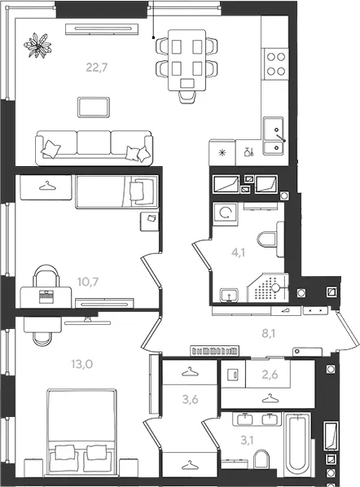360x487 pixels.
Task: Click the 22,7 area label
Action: [97, 67]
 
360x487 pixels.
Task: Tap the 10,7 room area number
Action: [88, 282]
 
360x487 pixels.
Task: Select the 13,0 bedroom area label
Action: [82, 364]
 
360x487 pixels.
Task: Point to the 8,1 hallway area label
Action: [268, 334]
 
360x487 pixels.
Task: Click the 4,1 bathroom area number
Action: [239, 252]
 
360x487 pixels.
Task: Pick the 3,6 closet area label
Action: [190, 399]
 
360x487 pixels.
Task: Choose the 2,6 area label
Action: [270, 375]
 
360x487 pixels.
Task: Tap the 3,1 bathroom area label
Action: [247, 440]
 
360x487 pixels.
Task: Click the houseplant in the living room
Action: [37, 46]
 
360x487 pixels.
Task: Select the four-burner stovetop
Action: [276, 64]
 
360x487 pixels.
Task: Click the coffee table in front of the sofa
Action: [94, 107]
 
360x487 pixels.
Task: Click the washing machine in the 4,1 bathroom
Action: [225, 213]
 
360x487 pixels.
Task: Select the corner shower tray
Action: [268, 287]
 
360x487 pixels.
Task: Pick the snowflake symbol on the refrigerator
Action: [222, 152]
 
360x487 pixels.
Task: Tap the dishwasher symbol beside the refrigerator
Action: [248, 151]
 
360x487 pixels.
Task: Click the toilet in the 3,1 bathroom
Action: [261, 459]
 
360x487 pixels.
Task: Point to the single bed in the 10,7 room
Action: [116, 191]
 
